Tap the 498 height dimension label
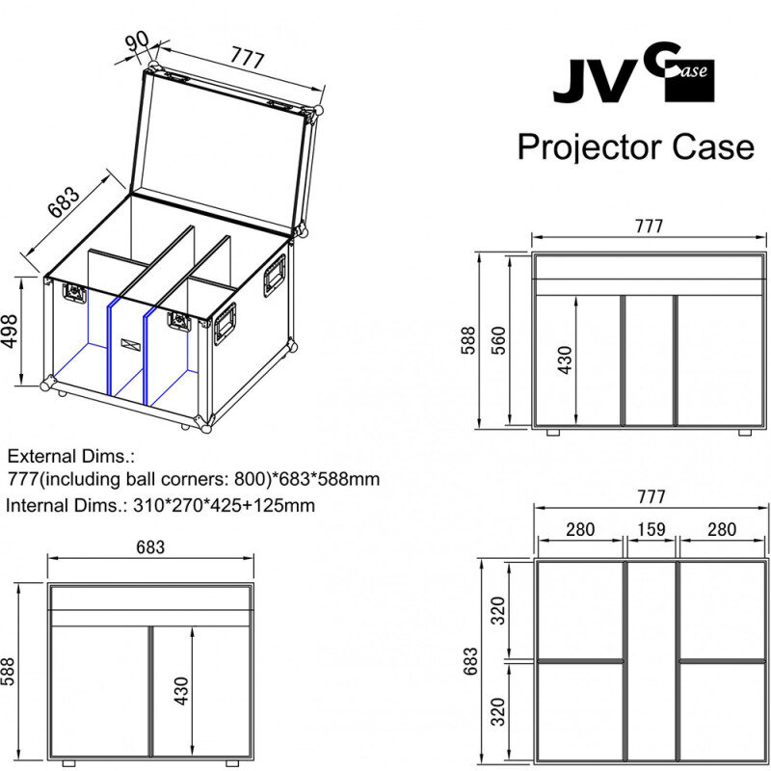coord(10,331)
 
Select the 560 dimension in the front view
coord(497,340)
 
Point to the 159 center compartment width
coord(651,529)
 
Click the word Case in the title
coord(713,147)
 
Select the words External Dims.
coord(70,456)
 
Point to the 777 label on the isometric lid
coord(248,58)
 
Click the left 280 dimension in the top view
coord(580,529)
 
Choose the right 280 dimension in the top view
coord(722,529)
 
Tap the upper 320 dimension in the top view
coord(498,610)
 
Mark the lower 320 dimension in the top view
coord(498,711)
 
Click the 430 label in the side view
coord(181,691)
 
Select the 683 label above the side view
coord(150,546)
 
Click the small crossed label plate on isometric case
coord(130,344)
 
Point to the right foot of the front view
coord(745,432)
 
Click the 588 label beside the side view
coord(8,671)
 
